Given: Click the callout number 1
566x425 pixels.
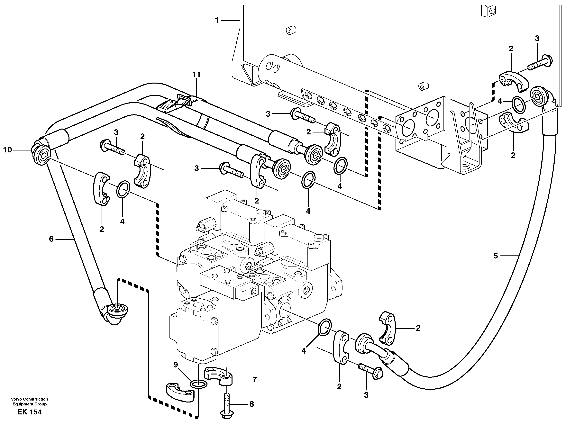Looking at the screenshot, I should click(x=217, y=20).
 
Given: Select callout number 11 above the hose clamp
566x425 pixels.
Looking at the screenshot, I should click(x=196, y=75).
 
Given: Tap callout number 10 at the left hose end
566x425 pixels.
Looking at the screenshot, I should click(x=7, y=150).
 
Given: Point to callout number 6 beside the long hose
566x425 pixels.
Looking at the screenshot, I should click(x=51, y=239).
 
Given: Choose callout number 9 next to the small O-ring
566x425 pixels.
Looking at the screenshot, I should click(x=176, y=365).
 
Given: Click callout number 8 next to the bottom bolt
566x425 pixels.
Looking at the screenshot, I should click(x=251, y=404).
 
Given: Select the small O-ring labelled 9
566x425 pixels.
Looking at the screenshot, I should click(x=199, y=384).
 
